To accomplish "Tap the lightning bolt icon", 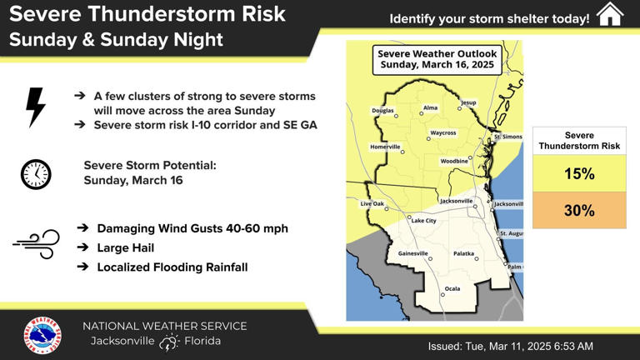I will pyautogui.click(x=36, y=107).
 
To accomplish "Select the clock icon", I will pyautogui.click(x=36, y=174).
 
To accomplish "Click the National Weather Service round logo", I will pyautogui.click(x=42, y=335).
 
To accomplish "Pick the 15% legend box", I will pyautogui.click(x=579, y=174).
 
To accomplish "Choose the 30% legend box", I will pyautogui.click(x=579, y=211).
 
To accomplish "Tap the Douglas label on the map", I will pyautogui.click(x=382, y=110).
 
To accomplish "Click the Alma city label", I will pyautogui.click(x=430, y=107).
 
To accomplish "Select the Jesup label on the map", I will pyautogui.click(x=469, y=102).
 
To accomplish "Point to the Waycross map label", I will pyautogui.click(x=442, y=132).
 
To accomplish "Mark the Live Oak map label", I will pyautogui.click(x=372, y=203).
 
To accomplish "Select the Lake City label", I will pyautogui.click(x=423, y=221).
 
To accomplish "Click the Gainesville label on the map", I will pyautogui.click(x=412, y=252).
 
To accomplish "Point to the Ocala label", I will pyautogui.click(x=452, y=288).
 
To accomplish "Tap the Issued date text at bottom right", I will pyautogui.click(x=510, y=346).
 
